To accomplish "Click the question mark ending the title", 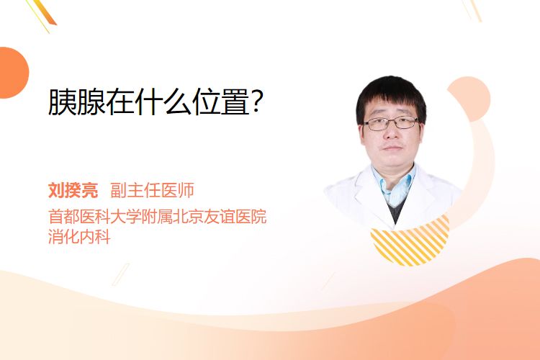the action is click(257, 102).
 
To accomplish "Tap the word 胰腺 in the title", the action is click(76, 102).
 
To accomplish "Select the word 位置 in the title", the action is click(221, 102).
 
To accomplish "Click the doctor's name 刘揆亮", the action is click(73, 190).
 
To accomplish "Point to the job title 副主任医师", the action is click(152, 190).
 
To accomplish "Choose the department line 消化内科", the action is click(79, 237).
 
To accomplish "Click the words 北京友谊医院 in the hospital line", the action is click(220, 217).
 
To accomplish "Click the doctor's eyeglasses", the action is click(391, 123).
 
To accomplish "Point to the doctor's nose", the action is click(391, 132).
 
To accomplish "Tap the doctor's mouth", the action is click(392, 148).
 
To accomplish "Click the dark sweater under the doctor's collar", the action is click(397, 210).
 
